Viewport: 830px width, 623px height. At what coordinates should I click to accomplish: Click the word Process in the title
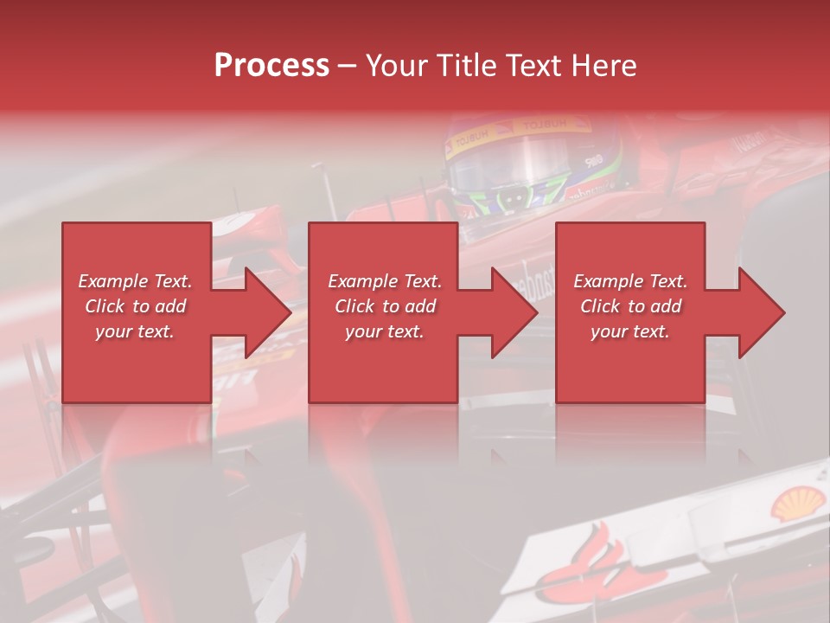(271, 66)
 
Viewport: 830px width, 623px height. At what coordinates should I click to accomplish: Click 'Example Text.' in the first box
(135, 281)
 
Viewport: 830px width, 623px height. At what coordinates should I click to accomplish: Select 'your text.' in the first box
(135, 331)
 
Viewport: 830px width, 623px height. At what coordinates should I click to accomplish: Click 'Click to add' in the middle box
(385, 306)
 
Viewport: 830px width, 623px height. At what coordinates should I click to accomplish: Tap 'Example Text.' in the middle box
(385, 281)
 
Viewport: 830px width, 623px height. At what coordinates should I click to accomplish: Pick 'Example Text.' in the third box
(630, 281)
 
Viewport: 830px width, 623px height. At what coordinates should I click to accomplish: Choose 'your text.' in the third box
(630, 331)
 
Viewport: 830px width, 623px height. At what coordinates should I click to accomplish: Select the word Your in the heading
(397, 66)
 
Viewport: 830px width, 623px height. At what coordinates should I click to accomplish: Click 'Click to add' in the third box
(630, 306)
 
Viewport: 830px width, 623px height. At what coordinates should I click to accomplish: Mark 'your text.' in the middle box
(385, 331)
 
